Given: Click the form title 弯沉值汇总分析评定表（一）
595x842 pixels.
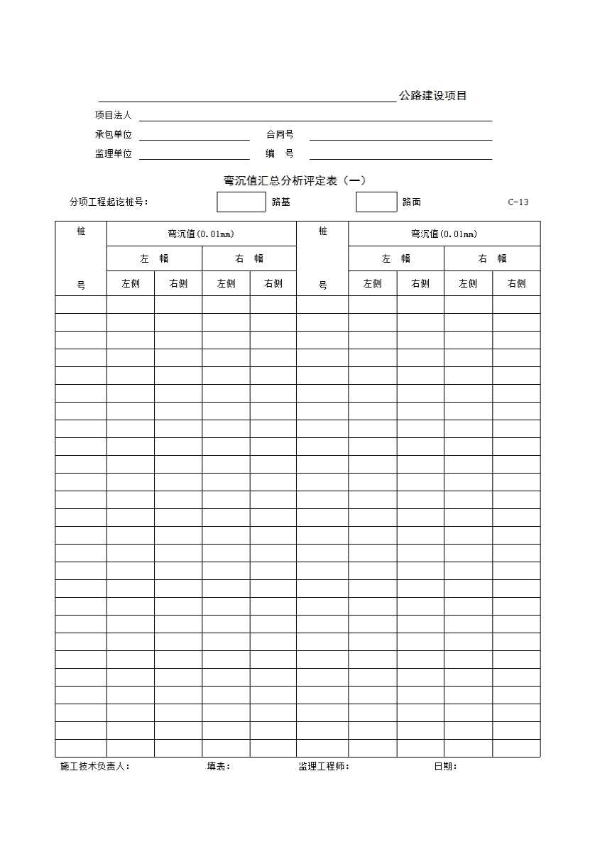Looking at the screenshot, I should click(x=295, y=180).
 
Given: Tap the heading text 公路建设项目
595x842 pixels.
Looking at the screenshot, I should click(x=432, y=96).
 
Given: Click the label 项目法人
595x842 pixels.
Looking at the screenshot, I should click(x=114, y=115).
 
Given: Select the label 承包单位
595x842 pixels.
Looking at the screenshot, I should click(x=114, y=134).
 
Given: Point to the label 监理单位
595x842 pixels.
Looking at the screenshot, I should click(x=114, y=153).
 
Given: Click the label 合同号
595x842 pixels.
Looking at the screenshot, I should click(x=280, y=134).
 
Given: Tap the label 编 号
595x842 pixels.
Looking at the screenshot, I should click(x=280, y=153).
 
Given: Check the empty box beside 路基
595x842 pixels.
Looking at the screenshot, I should click(x=241, y=202).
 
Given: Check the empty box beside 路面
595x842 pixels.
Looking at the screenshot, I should click(x=376, y=202).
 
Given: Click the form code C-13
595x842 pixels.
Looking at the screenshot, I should click(x=518, y=202).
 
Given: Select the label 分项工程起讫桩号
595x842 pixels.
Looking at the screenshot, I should click(x=109, y=202).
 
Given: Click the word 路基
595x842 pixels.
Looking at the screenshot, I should click(x=281, y=202).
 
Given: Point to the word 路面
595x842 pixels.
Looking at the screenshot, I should click(x=412, y=202).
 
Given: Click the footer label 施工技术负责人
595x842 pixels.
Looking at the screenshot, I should click(x=94, y=767).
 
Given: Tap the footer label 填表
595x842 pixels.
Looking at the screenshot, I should click(x=219, y=767).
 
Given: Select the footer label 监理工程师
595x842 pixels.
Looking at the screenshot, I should click(x=324, y=767).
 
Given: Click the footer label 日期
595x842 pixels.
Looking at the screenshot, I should click(x=445, y=767).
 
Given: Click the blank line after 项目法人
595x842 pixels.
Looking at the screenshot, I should click(x=315, y=117).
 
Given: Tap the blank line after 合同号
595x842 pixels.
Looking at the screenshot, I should click(x=400, y=136).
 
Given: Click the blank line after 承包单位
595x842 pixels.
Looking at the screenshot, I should click(x=195, y=136).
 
